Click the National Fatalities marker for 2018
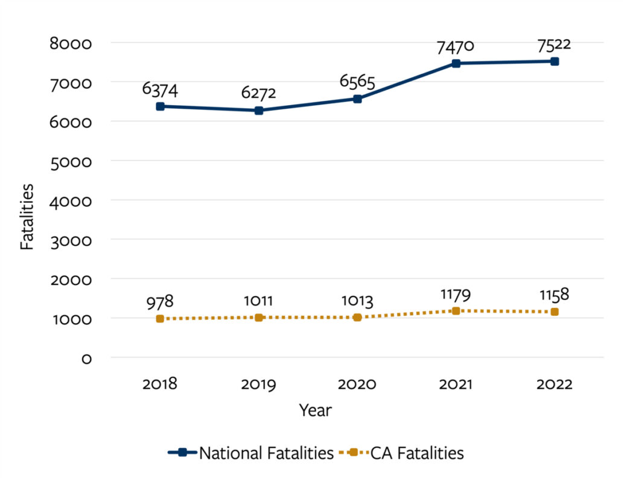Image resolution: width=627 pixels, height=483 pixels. click(x=161, y=106)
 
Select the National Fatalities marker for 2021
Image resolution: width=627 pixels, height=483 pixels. click(x=456, y=63)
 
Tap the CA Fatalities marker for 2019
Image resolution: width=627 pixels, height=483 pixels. click(x=259, y=318)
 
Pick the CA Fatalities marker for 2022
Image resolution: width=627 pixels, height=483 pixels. click(x=555, y=312)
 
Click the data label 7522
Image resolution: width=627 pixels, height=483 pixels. click(x=554, y=45)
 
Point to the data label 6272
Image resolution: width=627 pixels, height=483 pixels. click(x=259, y=93)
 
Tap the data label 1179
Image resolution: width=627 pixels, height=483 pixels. click(x=456, y=295)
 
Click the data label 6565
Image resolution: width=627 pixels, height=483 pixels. click(x=357, y=82)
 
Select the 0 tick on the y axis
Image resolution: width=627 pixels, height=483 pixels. click(x=86, y=359)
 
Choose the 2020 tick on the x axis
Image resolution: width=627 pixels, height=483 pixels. click(x=357, y=385)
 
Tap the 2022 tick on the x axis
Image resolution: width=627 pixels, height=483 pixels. click(x=554, y=385)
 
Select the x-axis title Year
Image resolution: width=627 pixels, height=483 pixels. click(x=315, y=411)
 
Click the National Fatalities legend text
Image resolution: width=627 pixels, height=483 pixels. click(x=266, y=453)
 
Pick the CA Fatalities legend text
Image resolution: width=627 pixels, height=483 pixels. click(x=413, y=453)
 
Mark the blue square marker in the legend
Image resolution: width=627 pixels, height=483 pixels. click(x=183, y=453)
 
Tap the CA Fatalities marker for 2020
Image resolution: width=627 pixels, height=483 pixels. click(x=357, y=318)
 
